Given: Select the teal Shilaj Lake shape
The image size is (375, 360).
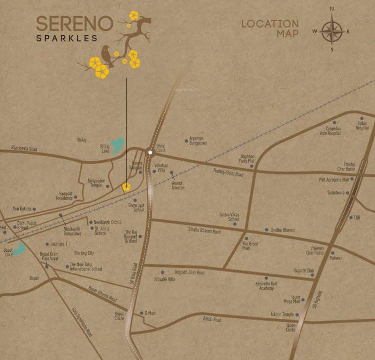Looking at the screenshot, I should [x=117, y=145].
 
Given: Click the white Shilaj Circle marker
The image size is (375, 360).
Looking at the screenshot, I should [x=150, y=152].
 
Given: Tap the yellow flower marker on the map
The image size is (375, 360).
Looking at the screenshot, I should [x=126, y=187].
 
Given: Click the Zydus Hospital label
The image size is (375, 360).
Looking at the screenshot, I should [x=362, y=125].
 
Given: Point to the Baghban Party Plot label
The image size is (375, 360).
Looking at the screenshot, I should [x=247, y=158].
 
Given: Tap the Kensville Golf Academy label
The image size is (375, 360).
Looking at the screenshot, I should [x=263, y=286].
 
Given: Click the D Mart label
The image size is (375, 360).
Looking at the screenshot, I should [x=150, y=313].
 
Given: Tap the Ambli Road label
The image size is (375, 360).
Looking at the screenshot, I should [x=212, y=319].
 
